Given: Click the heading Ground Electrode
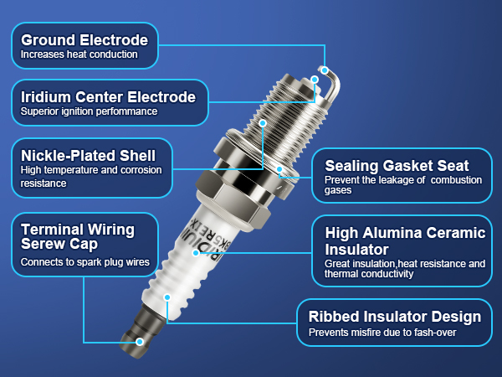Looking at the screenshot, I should [84, 39].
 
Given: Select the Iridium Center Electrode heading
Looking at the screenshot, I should [108, 96].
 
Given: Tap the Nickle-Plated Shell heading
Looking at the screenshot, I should [88, 155].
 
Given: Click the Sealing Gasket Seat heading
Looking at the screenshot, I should [397, 165].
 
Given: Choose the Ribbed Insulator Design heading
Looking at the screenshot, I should [395, 317].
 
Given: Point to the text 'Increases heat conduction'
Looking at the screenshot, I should [79, 55].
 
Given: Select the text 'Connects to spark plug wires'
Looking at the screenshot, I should [85, 262].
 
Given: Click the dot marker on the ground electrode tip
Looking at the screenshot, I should [325, 70].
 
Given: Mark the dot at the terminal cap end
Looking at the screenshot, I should [141, 342].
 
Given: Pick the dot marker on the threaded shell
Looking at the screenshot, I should [263, 122].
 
